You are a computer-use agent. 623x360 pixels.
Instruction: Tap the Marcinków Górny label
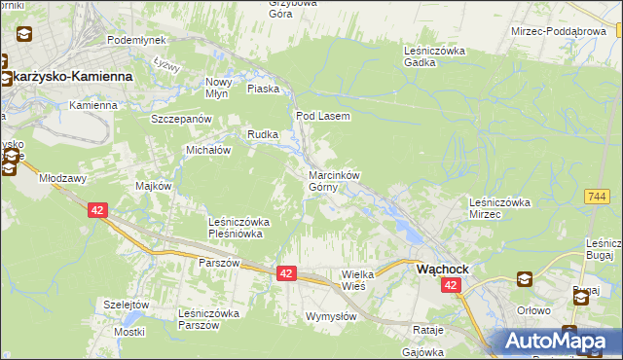coord(334,181)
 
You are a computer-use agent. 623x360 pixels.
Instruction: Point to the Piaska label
coord(263,89)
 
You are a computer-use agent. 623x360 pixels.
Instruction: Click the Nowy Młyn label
coord(219,88)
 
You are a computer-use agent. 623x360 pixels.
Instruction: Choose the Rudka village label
coord(263,134)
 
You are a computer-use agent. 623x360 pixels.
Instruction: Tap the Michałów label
coord(207,151)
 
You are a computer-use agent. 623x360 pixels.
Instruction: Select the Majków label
coord(155,186)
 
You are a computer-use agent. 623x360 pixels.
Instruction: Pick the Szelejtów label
coord(128,304)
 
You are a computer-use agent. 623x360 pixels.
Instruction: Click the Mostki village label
coord(128,332)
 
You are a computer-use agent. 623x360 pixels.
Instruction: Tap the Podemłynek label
coord(136,40)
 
